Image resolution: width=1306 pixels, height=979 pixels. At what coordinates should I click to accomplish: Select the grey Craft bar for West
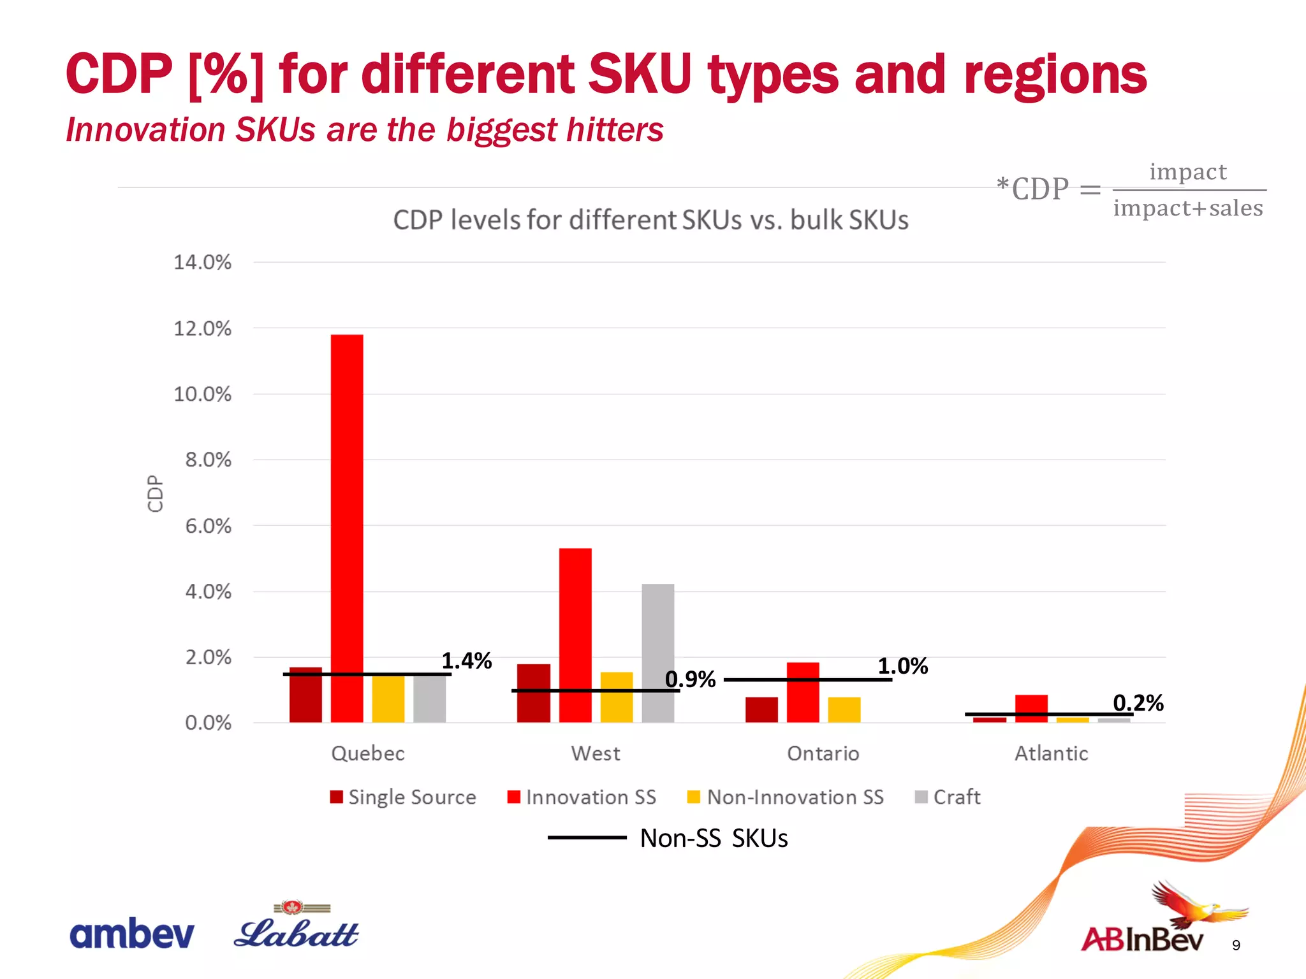pyautogui.click(x=657, y=653)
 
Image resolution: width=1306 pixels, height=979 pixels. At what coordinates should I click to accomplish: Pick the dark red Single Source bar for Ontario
pyautogui.click(x=761, y=709)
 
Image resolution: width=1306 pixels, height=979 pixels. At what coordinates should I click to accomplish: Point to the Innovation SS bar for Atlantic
pyautogui.click(x=1031, y=708)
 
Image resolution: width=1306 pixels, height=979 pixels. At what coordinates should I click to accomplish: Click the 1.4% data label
pyautogui.click(x=466, y=661)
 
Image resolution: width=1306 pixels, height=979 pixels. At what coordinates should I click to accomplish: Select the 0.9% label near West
pyautogui.click(x=690, y=679)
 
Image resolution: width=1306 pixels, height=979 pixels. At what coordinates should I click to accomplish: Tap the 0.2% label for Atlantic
pyautogui.click(x=1138, y=703)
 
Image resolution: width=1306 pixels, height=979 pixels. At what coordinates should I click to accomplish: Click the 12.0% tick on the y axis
pyautogui.click(x=202, y=329)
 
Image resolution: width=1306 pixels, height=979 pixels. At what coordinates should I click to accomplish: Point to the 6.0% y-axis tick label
pyautogui.click(x=208, y=526)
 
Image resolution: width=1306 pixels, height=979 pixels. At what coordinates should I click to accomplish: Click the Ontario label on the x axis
pyautogui.click(x=823, y=754)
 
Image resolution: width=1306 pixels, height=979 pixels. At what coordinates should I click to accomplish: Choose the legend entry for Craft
pyautogui.click(x=948, y=797)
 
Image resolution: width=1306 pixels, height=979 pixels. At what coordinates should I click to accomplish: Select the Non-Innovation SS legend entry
pyautogui.click(x=786, y=797)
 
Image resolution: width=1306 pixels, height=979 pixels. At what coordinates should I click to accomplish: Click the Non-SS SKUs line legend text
pyautogui.click(x=714, y=838)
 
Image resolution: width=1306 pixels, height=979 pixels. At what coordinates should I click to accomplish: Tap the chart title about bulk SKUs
pyautogui.click(x=650, y=221)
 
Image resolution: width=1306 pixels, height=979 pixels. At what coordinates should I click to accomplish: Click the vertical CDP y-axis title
pyautogui.click(x=155, y=493)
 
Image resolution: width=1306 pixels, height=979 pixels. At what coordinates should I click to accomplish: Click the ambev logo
pyautogui.click(x=131, y=934)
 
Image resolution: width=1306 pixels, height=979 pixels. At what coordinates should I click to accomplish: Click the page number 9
pyautogui.click(x=1236, y=946)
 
